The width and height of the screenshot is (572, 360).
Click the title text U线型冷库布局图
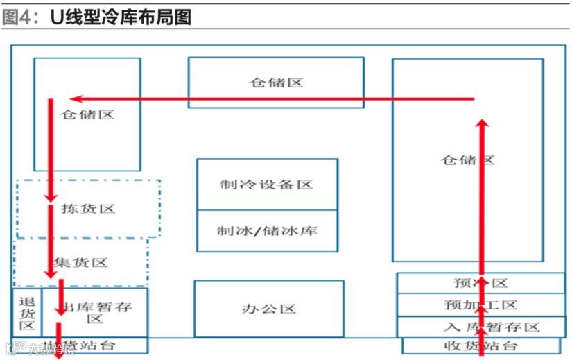(121, 17)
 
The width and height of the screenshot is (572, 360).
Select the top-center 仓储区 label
(276, 83)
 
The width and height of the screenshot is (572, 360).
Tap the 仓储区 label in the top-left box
(87, 114)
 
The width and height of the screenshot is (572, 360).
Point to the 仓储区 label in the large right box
(467, 160)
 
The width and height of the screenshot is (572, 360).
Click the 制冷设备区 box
(267, 185)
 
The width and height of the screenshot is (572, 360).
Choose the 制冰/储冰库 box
(267, 230)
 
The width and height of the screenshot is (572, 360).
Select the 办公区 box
(268, 309)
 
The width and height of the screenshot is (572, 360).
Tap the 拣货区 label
(88, 208)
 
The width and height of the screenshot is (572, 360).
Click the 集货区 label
(81, 262)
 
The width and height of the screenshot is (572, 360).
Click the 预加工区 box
(480, 305)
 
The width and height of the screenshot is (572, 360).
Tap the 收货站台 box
(480, 345)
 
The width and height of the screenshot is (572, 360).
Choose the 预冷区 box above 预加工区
(480, 283)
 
